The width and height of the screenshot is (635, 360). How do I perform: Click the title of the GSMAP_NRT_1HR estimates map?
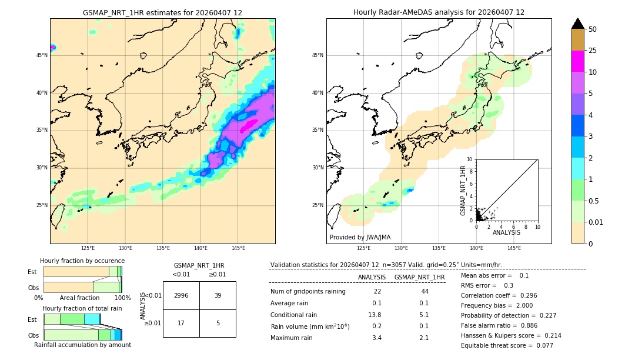pos(162,12)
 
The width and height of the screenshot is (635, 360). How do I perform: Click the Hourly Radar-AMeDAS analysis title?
pos(439,12)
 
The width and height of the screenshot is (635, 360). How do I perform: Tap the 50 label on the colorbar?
pos(593,29)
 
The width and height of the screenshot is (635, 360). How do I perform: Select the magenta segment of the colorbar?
pos(577,61)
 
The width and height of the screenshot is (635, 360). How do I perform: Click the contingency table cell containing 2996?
pos(181,295)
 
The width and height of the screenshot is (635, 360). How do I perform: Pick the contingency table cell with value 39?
pos(218,295)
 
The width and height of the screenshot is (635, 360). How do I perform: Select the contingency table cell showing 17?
pos(181,322)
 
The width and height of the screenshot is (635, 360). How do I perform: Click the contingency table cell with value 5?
pos(218,322)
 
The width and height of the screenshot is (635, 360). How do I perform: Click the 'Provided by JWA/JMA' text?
pos(360,237)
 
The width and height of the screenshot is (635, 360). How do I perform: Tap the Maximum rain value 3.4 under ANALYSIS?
pos(377,338)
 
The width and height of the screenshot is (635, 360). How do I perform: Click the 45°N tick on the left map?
pos(42,55)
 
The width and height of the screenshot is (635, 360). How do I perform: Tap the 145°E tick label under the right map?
pos(514,248)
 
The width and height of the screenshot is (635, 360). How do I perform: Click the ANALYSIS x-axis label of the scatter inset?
pos(506,232)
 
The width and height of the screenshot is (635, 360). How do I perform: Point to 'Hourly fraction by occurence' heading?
pos(82,261)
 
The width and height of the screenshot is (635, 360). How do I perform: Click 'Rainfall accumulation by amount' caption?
pos(82,345)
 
